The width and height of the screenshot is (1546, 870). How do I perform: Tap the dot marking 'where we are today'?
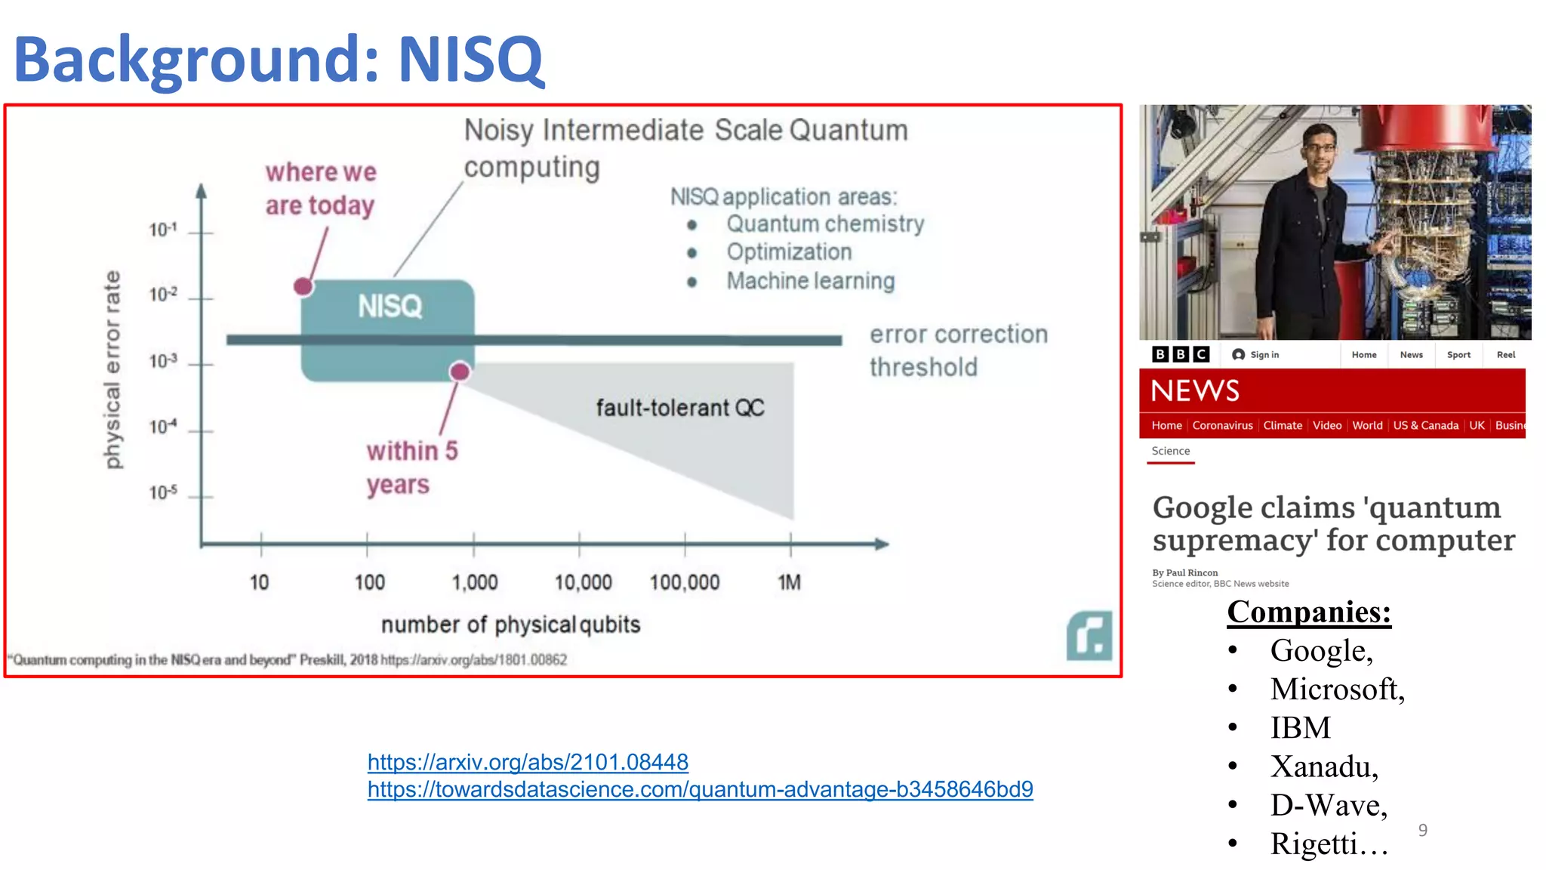click(x=303, y=286)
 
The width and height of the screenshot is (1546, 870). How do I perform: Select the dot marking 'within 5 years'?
click(x=460, y=371)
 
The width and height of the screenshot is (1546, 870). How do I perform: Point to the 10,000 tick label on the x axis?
click(x=583, y=582)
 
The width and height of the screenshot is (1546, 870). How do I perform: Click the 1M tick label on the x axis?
click(x=789, y=582)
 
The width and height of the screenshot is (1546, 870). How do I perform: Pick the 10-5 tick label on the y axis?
click(x=162, y=492)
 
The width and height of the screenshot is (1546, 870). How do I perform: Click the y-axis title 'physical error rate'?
click(x=112, y=369)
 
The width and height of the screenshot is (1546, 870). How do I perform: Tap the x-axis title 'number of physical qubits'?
click(x=510, y=625)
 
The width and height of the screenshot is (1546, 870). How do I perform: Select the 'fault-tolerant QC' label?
click(x=679, y=408)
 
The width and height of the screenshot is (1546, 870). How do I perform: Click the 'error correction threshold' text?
click(x=957, y=350)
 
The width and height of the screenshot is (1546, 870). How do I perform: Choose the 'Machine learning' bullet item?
click(x=810, y=281)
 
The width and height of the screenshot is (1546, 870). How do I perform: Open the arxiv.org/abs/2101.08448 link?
click(x=528, y=762)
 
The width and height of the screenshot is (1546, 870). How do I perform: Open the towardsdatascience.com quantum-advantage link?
click(x=700, y=789)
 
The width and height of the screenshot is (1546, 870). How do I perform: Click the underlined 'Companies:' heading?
click(x=1308, y=612)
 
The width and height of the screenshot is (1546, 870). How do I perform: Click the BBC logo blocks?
click(x=1181, y=354)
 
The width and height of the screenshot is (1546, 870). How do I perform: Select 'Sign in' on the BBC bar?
click(x=1256, y=354)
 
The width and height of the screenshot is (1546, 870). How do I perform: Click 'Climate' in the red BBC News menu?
click(x=1282, y=425)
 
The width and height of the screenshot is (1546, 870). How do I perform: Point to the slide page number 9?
click(x=1422, y=830)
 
